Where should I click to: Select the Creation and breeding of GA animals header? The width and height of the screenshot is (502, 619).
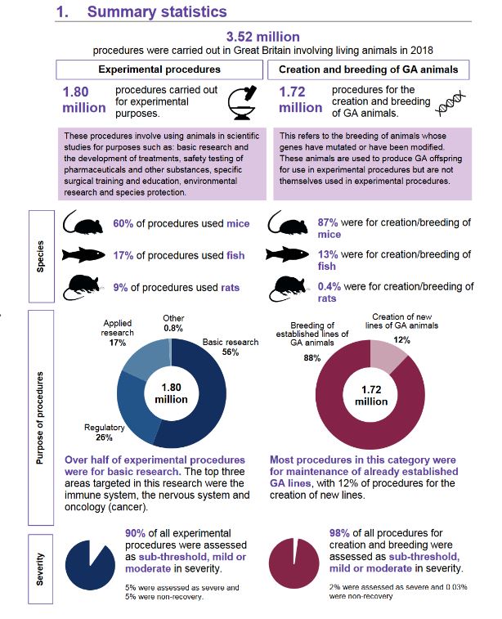[374, 70]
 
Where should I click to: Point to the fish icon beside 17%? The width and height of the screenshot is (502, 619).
[85, 256]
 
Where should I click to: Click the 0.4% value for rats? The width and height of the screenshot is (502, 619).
[329, 286]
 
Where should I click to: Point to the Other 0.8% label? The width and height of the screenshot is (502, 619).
[173, 323]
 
